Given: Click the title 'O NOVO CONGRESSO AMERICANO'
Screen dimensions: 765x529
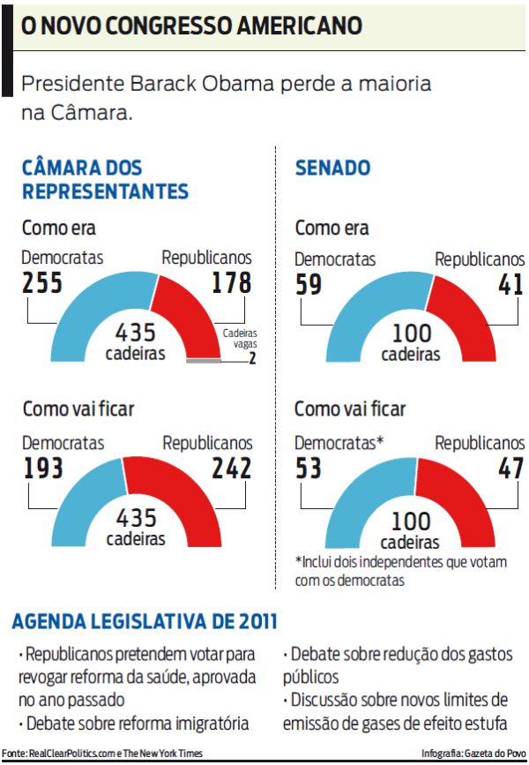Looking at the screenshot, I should point(191,26).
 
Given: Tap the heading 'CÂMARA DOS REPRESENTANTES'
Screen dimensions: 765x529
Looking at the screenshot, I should point(105,179).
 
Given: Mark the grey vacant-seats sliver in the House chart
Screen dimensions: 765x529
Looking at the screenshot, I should point(204,360).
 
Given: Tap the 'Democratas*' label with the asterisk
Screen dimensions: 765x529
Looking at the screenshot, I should point(339,443).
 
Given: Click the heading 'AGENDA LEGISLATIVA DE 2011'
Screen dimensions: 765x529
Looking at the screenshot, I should point(145,622).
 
